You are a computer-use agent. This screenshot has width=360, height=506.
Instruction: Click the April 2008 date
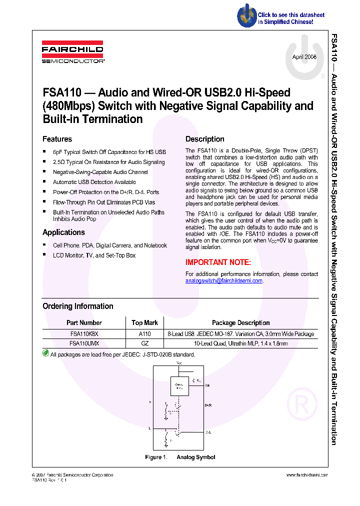click(x=304, y=57)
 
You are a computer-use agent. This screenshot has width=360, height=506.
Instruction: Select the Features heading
click(x=57, y=139)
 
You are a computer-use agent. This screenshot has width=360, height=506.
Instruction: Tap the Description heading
click(x=204, y=139)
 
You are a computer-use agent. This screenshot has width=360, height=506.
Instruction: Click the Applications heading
click(x=63, y=232)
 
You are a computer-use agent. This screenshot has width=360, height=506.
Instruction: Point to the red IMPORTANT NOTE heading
click(x=218, y=262)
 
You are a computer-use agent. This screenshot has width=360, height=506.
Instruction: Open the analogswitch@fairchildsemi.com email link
click(x=224, y=281)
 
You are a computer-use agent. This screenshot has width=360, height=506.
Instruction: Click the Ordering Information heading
click(x=77, y=306)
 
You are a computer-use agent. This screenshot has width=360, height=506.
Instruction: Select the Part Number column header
click(x=84, y=323)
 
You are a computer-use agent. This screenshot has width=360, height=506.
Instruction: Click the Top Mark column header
click(x=144, y=323)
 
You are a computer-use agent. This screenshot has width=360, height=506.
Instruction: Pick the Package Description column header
click(x=240, y=323)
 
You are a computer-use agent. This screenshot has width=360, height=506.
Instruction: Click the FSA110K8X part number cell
click(x=84, y=333)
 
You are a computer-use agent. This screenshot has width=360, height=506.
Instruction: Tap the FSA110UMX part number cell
click(x=84, y=343)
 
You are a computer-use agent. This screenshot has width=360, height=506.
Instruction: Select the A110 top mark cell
click(x=144, y=333)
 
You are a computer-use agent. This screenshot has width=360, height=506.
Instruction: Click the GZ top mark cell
click(x=144, y=343)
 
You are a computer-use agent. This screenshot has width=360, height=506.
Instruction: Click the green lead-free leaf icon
click(x=45, y=353)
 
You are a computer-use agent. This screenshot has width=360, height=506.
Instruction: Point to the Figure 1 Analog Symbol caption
click(x=180, y=457)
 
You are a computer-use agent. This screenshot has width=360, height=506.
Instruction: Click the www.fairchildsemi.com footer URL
click(x=306, y=475)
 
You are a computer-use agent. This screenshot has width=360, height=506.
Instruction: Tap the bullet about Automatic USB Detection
click(x=94, y=182)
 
